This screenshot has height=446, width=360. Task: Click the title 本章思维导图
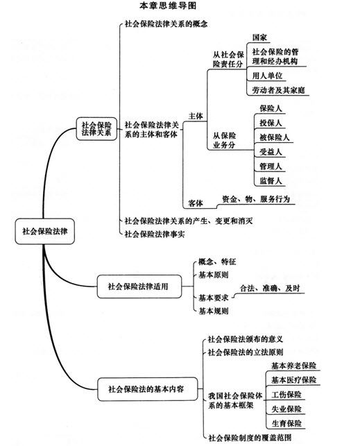coord(168,6)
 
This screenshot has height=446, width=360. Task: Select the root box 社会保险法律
coord(45,231)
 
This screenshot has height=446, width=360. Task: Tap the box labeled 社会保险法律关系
coord(96,129)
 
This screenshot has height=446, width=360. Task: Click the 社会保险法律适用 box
coord(139,286)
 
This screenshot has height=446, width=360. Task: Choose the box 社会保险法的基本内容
coord(147,389)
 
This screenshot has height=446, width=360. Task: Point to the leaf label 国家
coord(259,37)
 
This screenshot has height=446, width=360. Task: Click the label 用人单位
coord(267,76)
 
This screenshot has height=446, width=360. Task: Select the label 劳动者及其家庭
coord(278,90)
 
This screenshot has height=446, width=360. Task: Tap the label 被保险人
coord(274,137)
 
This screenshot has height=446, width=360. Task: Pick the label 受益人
coord(271,152)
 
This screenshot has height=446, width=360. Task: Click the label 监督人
coord(271,181)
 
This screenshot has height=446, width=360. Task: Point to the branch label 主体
coord(196,116)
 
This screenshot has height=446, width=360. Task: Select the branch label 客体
coord(196,203)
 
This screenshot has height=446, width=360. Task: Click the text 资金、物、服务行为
coord(256,199)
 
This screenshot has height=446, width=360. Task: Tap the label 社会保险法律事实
coord(155,234)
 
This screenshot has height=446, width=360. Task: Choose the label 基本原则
coord(213,275)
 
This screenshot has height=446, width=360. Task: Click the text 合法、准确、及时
coord(270,288)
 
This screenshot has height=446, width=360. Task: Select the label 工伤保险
coord(286,395)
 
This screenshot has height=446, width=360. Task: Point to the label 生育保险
coord(286,424)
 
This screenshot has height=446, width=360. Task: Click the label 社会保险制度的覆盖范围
coord(250,438)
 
